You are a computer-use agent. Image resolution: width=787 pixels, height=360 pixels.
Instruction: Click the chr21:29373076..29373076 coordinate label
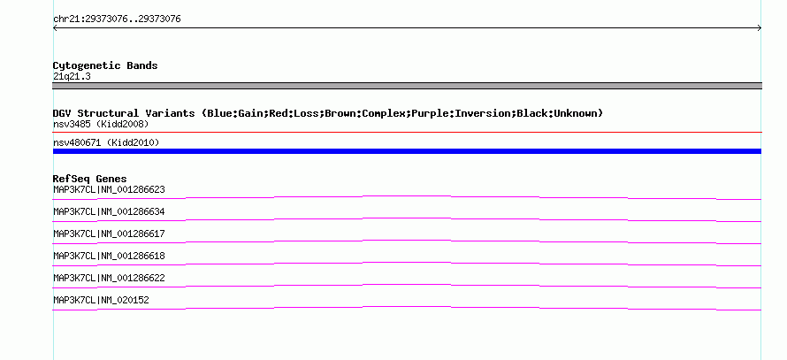pos(117,19)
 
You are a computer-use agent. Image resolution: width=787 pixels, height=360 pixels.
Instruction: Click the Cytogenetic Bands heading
pos(105,65)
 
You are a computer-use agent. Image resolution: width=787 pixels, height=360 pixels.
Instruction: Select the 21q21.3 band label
pos(72,76)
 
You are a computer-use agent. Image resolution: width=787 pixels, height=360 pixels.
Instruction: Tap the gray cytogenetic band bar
pos(407,86)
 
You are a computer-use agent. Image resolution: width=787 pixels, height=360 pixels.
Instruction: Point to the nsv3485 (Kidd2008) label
pos(101,124)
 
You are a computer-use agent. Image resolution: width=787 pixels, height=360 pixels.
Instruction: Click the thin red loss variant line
pos(407,133)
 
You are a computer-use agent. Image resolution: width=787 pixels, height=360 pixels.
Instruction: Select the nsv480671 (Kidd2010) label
pos(106,142)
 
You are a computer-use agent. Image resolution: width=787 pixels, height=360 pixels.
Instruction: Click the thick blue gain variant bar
pos(407,151)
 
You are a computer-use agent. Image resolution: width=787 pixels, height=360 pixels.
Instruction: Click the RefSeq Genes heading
pos(89,179)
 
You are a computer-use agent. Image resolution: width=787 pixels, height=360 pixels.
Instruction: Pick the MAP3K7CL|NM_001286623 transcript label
pos(109,190)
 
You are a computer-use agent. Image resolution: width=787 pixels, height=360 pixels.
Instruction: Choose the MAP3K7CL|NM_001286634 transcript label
pos(109,212)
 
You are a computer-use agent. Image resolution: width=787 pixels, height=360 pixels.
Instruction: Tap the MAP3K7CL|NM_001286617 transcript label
pos(109,234)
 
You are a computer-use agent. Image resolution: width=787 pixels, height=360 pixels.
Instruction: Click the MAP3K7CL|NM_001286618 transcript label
pos(109,256)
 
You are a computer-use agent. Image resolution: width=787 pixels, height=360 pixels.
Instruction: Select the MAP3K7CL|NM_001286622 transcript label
pos(109,278)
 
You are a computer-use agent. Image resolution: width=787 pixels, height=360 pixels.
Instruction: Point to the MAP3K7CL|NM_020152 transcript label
pos(101,300)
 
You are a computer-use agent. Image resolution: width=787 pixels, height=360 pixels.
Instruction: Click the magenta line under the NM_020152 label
pos(407,308)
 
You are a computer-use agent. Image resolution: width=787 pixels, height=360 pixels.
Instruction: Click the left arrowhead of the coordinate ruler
pos(54,28)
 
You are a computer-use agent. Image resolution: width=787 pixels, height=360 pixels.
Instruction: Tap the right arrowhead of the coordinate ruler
pos(760,28)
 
